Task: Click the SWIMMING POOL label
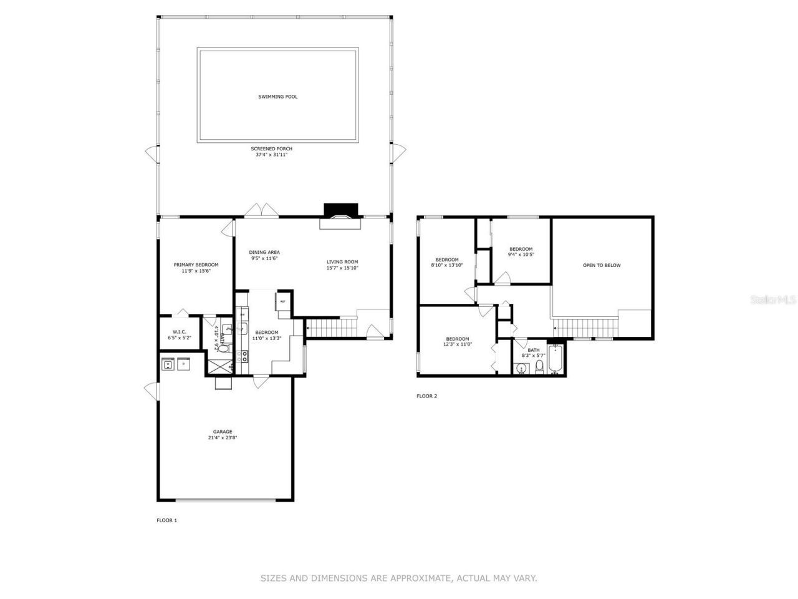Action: pos(277,97)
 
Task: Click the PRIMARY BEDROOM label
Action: pos(196,265)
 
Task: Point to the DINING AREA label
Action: pos(264,252)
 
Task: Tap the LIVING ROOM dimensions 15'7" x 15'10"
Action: pos(342,268)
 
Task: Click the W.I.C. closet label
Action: pos(179,332)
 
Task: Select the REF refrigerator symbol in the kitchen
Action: pos(282,301)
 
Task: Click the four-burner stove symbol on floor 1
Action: pos(243,356)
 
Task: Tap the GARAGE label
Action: pos(223,431)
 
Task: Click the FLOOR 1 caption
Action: pos(166,520)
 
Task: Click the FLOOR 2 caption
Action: pos(426,396)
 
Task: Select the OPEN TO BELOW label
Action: pos(602,265)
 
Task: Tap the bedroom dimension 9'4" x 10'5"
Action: pos(521,255)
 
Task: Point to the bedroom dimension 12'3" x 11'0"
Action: pos(457,344)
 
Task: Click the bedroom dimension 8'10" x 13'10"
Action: pos(446,265)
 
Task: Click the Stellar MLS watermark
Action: pos(772,299)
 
